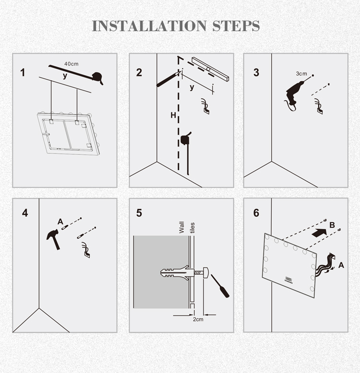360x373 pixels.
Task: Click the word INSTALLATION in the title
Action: coord(149,26)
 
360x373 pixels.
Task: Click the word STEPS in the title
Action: coord(236,26)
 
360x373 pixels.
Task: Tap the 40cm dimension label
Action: coord(71,64)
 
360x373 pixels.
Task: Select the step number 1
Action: coord(23,73)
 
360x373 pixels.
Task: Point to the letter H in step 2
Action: coord(173,116)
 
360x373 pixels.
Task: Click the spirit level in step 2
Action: coord(210,69)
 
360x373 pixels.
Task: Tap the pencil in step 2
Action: coord(168,79)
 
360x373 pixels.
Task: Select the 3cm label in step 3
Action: coord(301,74)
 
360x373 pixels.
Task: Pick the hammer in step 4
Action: coord(54,239)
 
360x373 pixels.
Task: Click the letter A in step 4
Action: coord(60,221)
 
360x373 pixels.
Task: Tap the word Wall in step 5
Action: coord(181,227)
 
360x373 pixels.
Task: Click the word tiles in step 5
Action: coord(192,228)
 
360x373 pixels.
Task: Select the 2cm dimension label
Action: coord(198,319)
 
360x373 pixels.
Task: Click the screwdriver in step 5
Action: coord(220,286)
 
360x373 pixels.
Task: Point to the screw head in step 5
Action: coord(206,273)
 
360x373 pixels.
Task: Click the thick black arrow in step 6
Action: coord(320,233)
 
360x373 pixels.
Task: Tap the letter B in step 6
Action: coord(332,225)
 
